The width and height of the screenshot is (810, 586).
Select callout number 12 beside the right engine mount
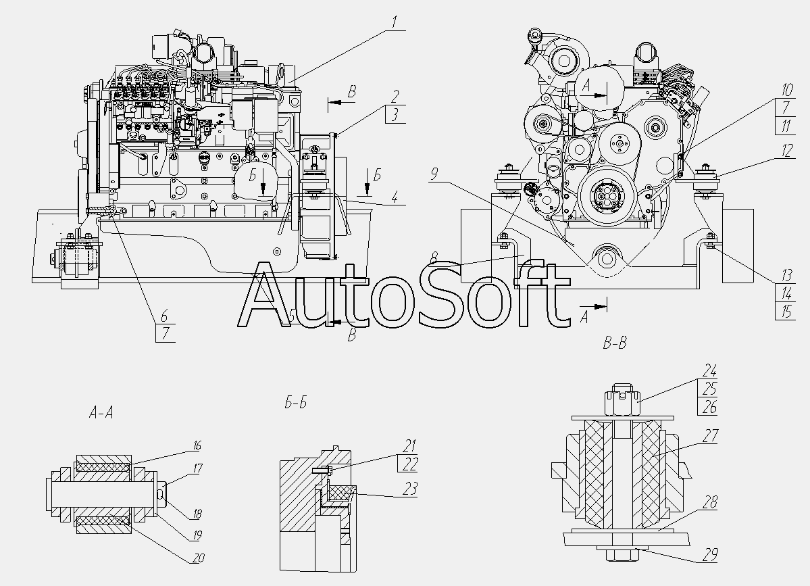tap(786, 153)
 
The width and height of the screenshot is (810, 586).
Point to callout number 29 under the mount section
tap(709, 556)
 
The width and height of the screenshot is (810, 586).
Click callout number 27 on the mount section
tap(709, 437)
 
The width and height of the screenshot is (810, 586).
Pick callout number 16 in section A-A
tap(197, 446)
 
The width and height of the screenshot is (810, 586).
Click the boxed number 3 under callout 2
tap(395, 116)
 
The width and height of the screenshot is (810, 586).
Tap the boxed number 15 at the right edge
tap(786, 312)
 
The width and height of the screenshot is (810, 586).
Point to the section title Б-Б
tap(296, 404)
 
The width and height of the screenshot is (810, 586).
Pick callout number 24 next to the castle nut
tap(709, 370)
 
